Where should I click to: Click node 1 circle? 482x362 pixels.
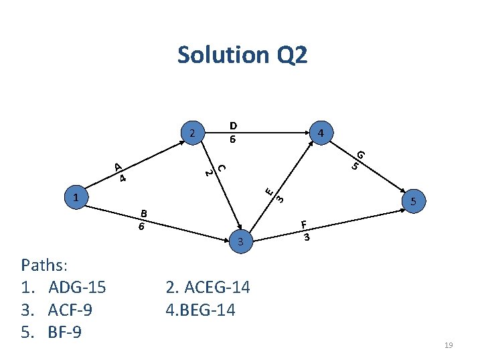tap(78, 198)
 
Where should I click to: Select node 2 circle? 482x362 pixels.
tap(192, 133)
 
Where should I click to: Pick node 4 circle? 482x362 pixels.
tap(321, 133)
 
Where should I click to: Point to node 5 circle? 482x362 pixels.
tap(414, 201)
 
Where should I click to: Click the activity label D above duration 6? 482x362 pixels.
tap(232, 125)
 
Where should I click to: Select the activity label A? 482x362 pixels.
tap(116, 166)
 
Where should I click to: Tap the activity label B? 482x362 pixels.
tap(143, 214)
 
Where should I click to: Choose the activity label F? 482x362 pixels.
tap(304, 225)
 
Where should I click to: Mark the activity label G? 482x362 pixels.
tap(361, 155)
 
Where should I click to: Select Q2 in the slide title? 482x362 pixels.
tap(290, 55)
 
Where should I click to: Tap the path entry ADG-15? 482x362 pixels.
tap(77, 288)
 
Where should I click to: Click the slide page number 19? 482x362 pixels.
tap(449, 345)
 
